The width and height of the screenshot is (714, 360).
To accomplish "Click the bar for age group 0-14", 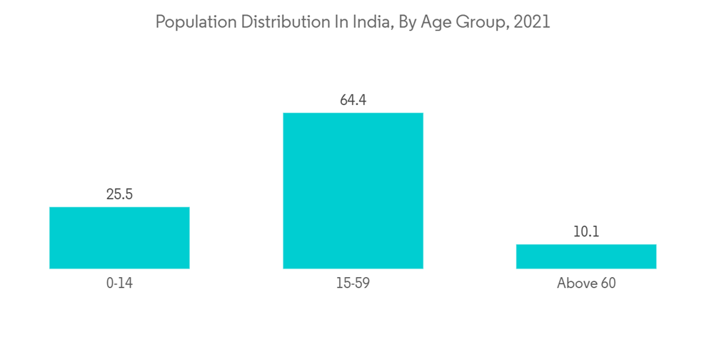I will click(x=119, y=238).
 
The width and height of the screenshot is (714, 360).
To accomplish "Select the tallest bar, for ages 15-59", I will click(x=353, y=191).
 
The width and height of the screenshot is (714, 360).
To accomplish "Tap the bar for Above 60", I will click(x=586, y=256).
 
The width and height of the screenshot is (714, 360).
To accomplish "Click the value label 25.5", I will click(x=119, y=194).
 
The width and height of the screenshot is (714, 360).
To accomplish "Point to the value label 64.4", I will click(x=353, y=100).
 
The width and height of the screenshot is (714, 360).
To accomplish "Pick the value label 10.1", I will click(x=586, y=231).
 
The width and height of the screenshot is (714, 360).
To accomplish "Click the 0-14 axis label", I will click(x=119, y=284).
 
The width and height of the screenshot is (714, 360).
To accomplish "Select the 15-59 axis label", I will click(x=353, y=284).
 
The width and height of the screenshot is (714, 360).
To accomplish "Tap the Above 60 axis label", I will click(x=586, y=284).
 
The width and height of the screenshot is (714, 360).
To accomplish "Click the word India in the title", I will click(x=366, y=22).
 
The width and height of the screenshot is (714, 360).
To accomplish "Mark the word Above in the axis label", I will click(x=576, y=284).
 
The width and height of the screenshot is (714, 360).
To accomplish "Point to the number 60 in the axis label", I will click(x=607, y=284).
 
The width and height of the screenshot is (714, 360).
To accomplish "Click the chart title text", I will click(x=353, y=22).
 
